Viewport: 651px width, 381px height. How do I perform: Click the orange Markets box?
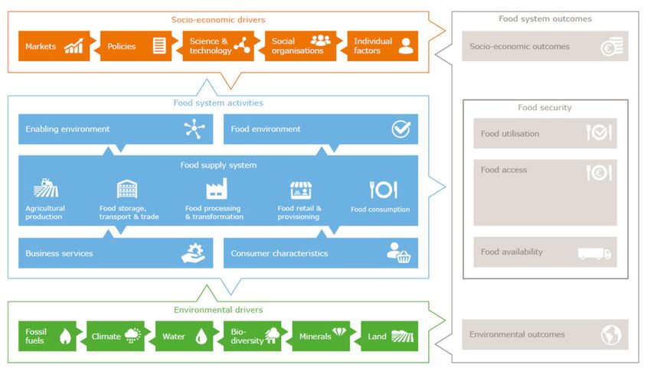click(54, 46)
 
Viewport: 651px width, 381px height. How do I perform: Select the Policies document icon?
click(159, 46)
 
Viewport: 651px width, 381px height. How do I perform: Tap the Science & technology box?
click(218, 46)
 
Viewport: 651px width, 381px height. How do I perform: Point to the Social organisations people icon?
click(320, 41)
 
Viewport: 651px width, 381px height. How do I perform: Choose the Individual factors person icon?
click(406, 46)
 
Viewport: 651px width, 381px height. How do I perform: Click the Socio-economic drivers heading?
click(218, 19)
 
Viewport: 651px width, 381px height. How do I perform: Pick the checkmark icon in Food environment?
click(401, 129)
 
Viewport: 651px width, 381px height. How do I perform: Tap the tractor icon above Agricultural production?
click(46, 187)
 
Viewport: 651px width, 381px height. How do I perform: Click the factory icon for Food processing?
click(217, 189)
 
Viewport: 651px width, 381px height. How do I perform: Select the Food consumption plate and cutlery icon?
click(383, 190)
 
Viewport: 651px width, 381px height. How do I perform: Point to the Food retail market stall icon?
click(301, 190)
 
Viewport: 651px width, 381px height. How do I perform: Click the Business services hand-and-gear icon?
click(193, 253)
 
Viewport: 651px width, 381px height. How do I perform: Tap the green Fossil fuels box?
click(47, 336)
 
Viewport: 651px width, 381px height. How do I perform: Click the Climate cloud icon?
click(132, 335)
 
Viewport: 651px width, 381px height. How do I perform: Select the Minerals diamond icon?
click(339, 331)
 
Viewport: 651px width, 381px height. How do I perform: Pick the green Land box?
click(389, 336)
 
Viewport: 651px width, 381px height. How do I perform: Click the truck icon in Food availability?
click(594, 253)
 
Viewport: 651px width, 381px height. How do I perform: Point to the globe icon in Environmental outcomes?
click(611, 334)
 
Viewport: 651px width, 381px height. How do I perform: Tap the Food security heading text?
click(545, 108)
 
